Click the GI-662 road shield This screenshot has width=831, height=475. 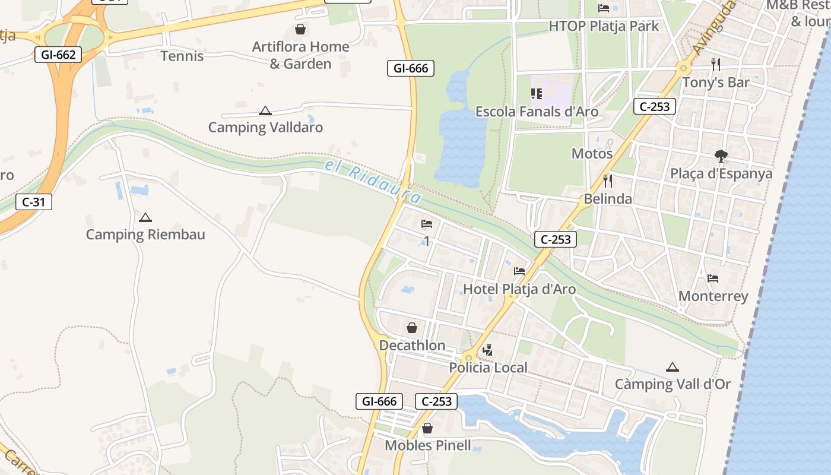58,55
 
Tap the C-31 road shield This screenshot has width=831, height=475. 33,202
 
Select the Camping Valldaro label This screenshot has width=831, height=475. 265,127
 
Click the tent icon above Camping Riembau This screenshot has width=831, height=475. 145,217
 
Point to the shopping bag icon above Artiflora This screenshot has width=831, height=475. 300,29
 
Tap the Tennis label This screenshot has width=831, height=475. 182,56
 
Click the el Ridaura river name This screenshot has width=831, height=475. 373,181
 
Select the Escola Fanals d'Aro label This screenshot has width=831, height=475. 537,112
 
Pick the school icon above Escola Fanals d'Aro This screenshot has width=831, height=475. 537,94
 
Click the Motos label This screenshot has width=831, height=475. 592,154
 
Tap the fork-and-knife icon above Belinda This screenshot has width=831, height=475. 607,180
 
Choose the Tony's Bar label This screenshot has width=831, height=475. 716,83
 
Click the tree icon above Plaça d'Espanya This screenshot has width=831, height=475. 721,156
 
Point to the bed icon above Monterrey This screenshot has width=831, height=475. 713,278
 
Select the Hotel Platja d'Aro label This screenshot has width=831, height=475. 519,289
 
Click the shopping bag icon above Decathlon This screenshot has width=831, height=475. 412,328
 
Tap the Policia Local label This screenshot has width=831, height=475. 488,368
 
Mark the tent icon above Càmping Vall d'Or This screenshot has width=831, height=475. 672,367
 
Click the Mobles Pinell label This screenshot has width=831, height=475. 428,445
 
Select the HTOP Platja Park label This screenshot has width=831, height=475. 604,26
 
